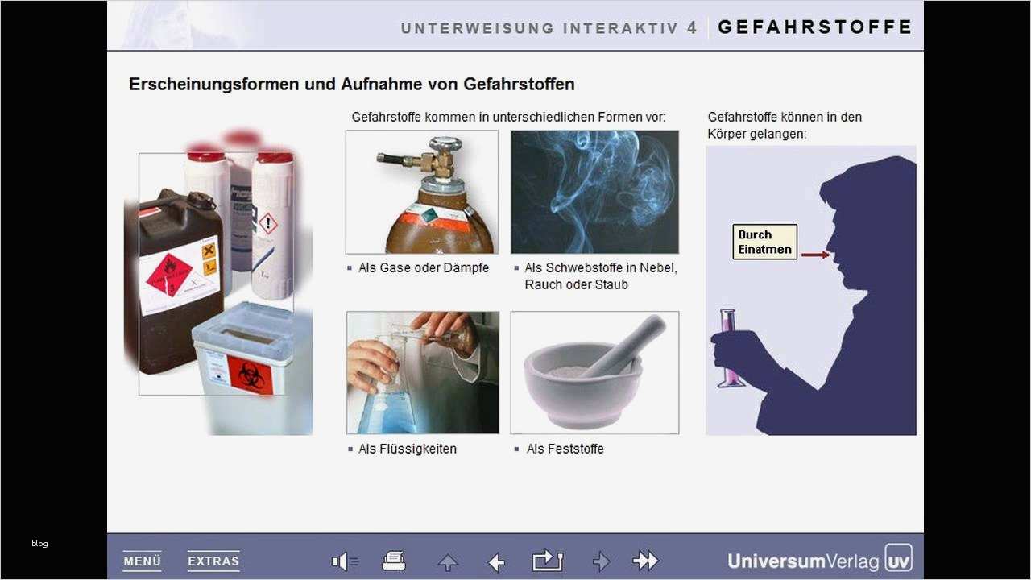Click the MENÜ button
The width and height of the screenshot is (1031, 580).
click(x=142, y=561)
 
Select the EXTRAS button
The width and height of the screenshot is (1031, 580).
click(x=213, y=561)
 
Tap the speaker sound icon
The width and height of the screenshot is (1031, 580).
click(x=345, y=561)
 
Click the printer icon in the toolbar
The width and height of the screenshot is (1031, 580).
click(x=394, y=561)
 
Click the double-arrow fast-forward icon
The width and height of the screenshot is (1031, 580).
click(x=645, y=561)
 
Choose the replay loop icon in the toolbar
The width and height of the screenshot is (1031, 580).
click(x=548, y=561)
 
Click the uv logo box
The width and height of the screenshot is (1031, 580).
click(x=898, y=558)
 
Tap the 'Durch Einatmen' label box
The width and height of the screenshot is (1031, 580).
click(x=764, y=242)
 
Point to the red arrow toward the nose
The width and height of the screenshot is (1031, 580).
click(x=815, y=255)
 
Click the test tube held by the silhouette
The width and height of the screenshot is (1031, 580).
click(x=730, y=346)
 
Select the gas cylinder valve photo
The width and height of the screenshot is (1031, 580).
click(x=422, y=192)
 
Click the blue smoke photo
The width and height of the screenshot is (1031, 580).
click(x=594, y=192)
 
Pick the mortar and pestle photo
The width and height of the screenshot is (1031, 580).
click(x=594, y=372)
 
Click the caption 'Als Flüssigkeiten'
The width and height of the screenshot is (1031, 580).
click(x=407, y=449)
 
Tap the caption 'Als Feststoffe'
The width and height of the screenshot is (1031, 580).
click(x=565, y=449)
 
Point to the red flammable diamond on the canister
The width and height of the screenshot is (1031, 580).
click(x=168, y=274)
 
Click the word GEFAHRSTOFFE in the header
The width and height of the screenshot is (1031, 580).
click(x=814, y=27)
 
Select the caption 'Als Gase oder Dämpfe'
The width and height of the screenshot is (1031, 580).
click(x=423, y=267)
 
